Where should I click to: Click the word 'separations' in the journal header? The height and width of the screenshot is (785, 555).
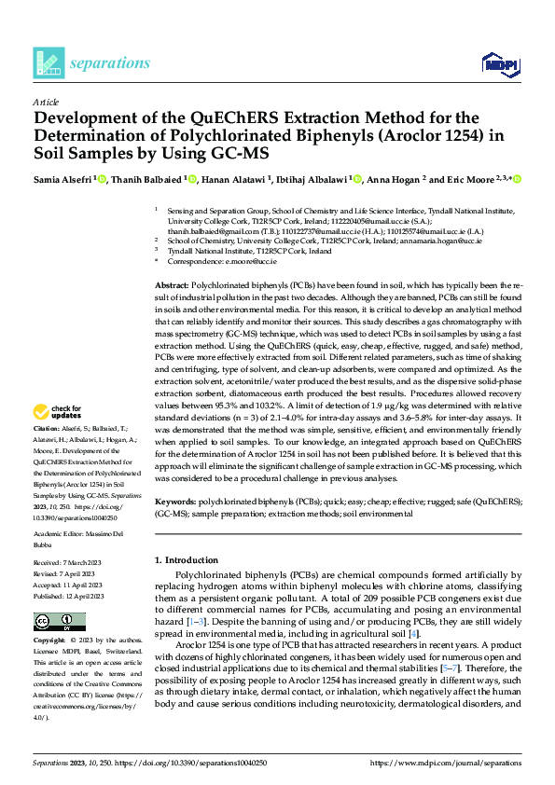(109, 63)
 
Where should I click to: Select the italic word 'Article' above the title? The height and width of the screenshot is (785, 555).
(46, 102)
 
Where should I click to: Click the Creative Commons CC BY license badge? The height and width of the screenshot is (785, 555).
(54, 622)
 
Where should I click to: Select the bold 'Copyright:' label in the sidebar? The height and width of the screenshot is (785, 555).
(50, 642)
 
